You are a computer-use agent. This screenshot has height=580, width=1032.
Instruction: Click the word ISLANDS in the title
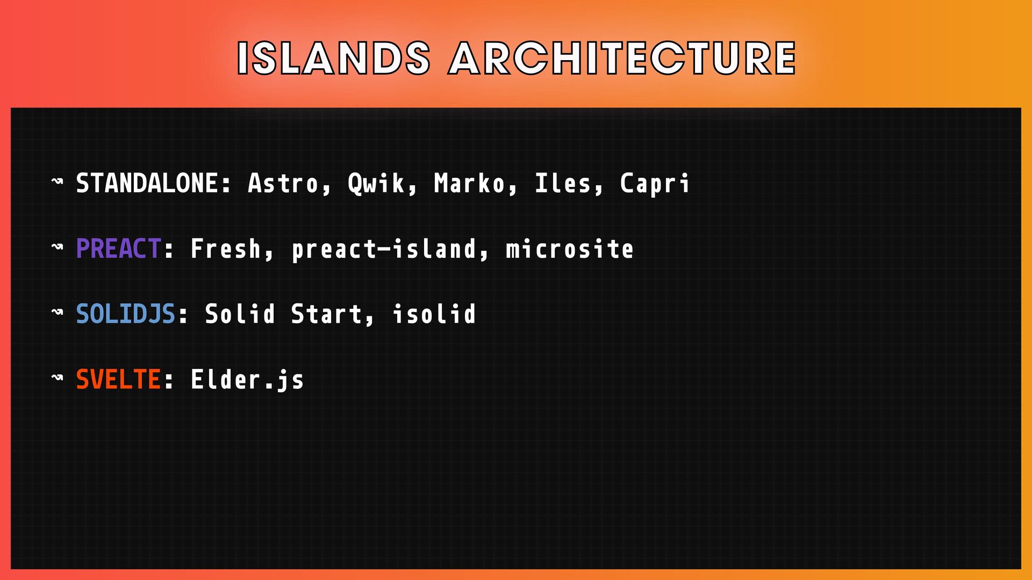334,58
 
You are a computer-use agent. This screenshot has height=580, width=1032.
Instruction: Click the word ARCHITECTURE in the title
623,58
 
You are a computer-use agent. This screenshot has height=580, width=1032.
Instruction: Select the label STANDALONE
147,183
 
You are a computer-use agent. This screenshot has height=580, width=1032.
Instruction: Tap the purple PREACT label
118,249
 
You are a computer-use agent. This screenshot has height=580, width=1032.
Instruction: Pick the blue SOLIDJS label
126,314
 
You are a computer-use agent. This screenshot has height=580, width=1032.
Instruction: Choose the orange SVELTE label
118,380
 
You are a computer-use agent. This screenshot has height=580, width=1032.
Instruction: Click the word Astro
283,183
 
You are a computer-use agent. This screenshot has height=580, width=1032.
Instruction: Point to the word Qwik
376,183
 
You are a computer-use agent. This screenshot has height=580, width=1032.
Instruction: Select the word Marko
469,183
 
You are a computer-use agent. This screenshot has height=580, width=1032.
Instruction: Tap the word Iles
562,183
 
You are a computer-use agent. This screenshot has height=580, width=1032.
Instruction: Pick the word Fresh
226,249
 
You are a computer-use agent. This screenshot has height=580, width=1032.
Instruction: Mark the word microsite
569,249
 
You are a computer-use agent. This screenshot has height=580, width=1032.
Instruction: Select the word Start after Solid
326,314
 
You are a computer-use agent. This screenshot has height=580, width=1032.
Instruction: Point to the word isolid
434,314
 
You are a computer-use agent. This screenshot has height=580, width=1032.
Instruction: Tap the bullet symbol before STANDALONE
57,182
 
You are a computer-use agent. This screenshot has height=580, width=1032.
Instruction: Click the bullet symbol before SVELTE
57,378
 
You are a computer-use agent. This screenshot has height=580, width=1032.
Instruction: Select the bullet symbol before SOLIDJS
57,313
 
